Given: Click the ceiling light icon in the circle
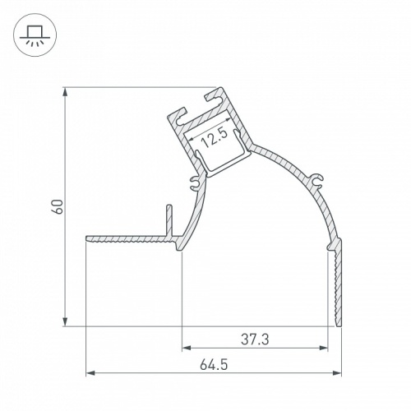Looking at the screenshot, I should point(34,35).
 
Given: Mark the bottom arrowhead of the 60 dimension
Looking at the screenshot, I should point(65,321).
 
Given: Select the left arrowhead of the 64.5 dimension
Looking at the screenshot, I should point(90,372).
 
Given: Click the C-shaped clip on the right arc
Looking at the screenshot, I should point(319,179).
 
